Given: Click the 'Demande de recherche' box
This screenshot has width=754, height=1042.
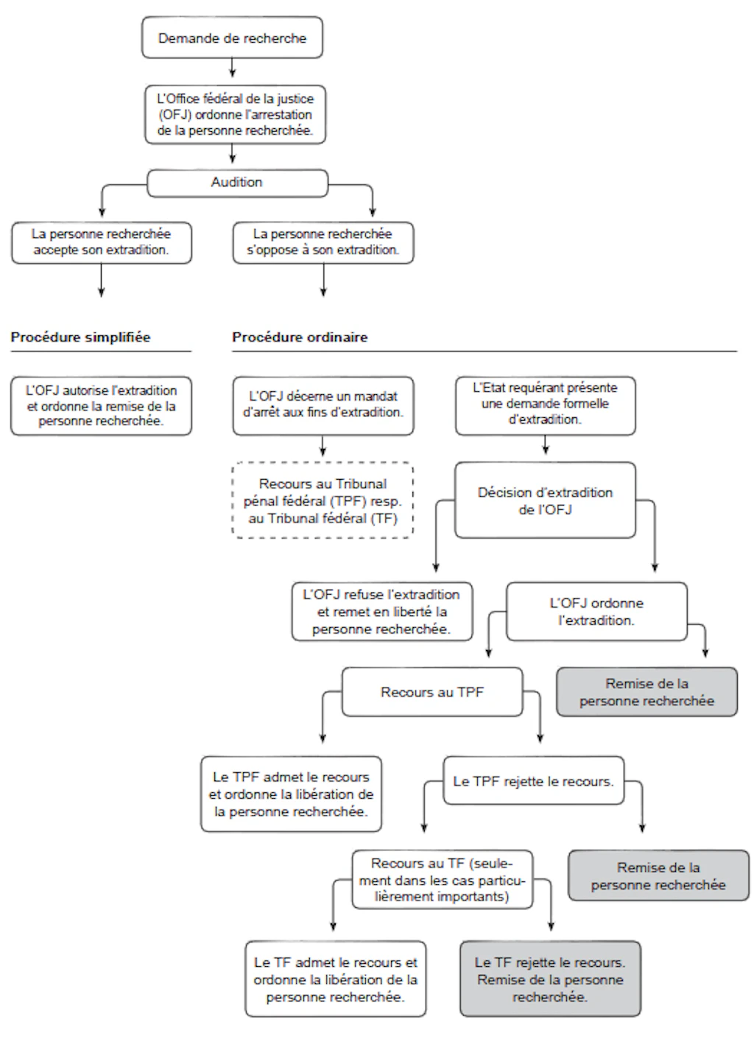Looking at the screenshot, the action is pos(232,38).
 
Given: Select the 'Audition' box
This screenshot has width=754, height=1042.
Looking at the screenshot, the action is pos(238,183).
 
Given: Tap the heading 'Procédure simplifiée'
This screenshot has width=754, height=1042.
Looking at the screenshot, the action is pos(80,338).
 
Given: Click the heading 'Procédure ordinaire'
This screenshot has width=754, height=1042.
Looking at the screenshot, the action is pos(300,338).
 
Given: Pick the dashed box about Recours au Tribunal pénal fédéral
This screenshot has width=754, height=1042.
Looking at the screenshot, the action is pos(323,500).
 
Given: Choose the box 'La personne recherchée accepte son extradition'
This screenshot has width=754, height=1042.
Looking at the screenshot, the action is pos(102,243).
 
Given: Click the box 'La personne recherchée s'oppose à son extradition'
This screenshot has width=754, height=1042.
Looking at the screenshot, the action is pos(323,243).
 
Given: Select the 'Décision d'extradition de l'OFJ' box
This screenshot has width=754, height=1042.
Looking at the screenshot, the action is pos(546,500).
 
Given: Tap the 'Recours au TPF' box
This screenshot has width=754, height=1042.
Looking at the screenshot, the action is pos(432,692).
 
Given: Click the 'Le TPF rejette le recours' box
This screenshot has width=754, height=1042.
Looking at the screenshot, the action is pos(534,781).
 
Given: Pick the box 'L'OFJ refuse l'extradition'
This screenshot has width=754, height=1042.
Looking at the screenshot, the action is pos(382,612).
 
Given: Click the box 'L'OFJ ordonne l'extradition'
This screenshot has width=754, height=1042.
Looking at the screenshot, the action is pos(597,612).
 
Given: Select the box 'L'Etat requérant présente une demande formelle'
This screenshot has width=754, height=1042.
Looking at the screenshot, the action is pos(546,406).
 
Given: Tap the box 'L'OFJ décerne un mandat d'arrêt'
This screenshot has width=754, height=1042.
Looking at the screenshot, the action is pos(323,406).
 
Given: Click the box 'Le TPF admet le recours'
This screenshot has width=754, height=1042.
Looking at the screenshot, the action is pos(291,794).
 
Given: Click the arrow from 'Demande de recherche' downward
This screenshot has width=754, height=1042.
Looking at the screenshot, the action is pos(233,68).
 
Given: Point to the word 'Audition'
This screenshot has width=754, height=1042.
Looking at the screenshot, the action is pos(236,182).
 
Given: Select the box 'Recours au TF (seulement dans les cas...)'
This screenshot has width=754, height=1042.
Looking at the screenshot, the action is pos(442,880).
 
